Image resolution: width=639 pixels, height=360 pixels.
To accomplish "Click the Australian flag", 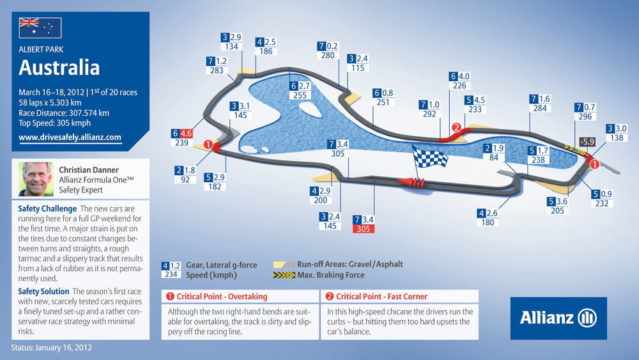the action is coord(40,27).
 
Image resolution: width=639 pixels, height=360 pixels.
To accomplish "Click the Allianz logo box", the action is coord(558,318).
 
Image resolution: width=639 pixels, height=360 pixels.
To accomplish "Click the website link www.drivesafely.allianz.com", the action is coord(70,137).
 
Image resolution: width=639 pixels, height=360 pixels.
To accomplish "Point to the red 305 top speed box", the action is coord(363,229).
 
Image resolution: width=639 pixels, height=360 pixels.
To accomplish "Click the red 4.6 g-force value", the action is coord(186,133).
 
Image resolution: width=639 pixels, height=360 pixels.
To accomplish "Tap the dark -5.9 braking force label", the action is coord(587,142).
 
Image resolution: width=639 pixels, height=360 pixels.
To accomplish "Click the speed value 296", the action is coord(585,116).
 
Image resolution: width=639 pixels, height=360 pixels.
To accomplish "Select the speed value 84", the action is coord(493,157).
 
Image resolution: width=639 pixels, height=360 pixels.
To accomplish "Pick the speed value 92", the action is coord(185,180).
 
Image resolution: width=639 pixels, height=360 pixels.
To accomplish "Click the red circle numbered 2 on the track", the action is coord(456,128).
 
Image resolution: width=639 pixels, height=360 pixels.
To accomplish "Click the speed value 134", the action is coord(231,47).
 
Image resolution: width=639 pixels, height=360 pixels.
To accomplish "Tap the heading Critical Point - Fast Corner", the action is coord(381,297).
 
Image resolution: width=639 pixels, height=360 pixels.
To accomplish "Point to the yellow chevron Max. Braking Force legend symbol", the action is coord(284,275).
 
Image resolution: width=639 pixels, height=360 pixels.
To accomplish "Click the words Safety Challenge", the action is coord(47,208).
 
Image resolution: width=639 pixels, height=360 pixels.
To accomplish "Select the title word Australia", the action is coord(59,68).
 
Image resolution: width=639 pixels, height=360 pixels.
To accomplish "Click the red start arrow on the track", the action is coord(411,182).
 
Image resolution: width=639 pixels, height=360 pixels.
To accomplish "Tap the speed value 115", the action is coord(358,68).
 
